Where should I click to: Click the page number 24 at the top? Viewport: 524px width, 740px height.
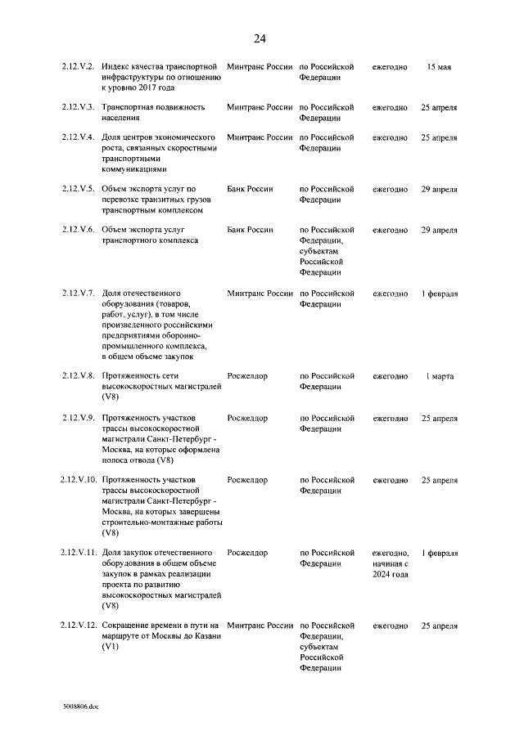point(260,38)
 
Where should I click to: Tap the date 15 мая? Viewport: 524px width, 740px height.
point(439,65)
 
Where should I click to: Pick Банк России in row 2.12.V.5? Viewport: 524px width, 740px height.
point(250,189)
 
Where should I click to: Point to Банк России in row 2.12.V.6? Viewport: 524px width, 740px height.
point(250,231)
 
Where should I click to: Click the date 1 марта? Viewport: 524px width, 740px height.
point(439,376)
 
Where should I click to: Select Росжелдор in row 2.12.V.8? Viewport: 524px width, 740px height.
point(247,376)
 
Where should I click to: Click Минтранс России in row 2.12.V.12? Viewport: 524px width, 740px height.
point(260,626)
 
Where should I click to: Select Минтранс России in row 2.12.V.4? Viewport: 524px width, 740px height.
point(260,137)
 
